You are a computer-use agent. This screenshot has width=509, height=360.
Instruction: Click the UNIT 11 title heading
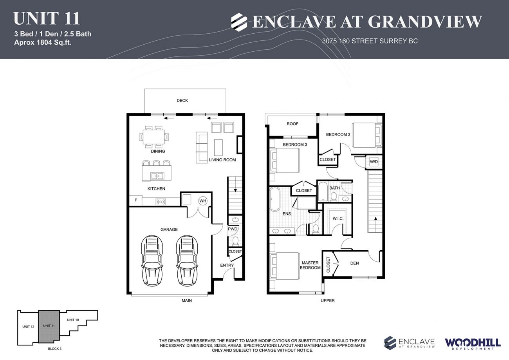[x=47, y=18]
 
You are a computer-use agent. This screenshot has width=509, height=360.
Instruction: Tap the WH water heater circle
[x=202, y=201]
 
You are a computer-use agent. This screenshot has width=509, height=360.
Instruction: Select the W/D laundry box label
[x=374, y=161]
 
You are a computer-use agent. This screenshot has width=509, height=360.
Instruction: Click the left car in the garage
[x=152, y=261]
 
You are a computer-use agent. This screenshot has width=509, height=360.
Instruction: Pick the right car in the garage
[x=187, y=261]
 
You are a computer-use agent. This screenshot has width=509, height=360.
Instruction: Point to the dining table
[x=154, y=137]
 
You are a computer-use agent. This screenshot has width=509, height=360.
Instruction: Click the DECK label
[x=182, y=101]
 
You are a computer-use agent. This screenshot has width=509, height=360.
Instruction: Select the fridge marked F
[x=135, y=200]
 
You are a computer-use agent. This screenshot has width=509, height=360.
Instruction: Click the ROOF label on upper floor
[x=292, y=124]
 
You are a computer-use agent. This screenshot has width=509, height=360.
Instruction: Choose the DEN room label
[x=354, y=263]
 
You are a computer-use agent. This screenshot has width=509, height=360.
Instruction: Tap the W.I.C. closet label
[x=338, y=219]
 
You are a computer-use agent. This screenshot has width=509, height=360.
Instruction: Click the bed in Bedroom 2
[x=366, y=135]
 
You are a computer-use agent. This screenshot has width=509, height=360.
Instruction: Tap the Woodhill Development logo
[x=472, y=343]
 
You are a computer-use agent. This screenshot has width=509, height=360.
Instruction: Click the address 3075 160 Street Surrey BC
[x=370, y=41]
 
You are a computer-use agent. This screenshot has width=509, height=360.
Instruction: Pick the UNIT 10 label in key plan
[x=73, y=320]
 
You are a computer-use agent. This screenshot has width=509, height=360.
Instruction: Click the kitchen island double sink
[x=157, y=176]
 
